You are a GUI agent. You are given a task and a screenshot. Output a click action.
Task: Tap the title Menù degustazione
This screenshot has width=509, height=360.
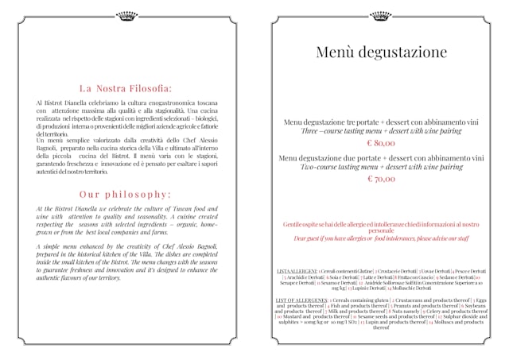pos(381,53)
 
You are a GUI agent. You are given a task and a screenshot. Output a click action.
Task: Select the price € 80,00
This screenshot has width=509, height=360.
pos(381,143)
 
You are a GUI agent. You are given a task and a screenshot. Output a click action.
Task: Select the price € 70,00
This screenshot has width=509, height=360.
pos(381,180)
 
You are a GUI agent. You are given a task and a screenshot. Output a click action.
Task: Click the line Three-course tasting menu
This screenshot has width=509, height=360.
pos(381,131)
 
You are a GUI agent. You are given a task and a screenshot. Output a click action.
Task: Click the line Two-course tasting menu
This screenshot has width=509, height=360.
pos(381,168)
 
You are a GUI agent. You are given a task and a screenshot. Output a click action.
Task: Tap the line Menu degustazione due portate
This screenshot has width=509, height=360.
pos(381,158)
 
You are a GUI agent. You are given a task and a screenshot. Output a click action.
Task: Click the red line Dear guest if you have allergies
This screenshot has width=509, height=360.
pos(381,238)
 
